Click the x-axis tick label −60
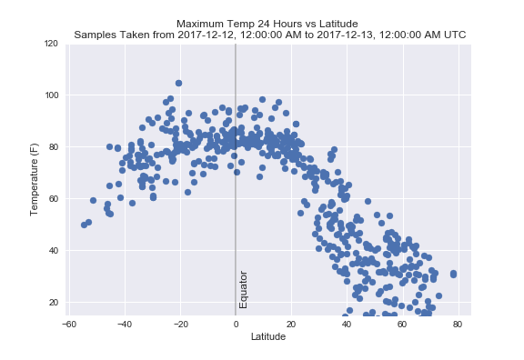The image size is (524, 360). point(68,324)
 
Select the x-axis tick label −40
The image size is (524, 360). point(124,324)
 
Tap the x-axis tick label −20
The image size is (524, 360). point(179,324)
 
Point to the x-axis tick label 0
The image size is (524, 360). point(236,324)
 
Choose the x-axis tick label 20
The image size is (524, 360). point(291,324)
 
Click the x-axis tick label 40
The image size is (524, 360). point(347,324)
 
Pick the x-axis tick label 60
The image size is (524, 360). point(402,324)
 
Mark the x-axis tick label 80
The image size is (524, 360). point(458,324)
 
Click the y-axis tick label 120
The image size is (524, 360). point(51,44)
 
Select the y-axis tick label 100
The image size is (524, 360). point(51,95)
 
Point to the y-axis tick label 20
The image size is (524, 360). point(53,303)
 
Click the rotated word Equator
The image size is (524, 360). point(244,289)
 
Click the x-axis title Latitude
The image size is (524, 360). point(268,336)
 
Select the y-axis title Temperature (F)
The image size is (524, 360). point(34,173)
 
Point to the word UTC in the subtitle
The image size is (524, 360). point(454,35)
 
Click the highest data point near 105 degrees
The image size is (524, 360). point(178,83)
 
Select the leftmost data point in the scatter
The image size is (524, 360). point(84,225)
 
